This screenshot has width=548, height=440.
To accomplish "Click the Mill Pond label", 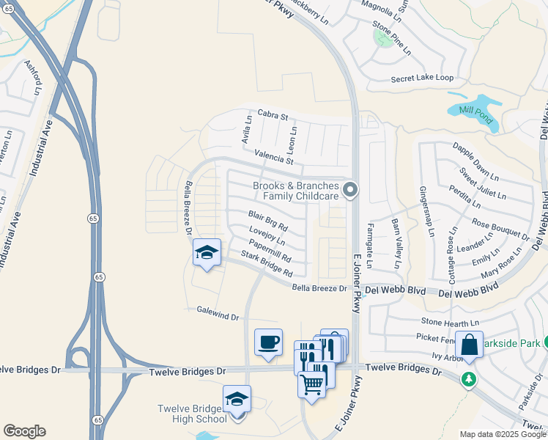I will pyautogui.click(x=476, y=115).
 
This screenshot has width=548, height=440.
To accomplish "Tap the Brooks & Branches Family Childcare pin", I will pyautogui.click(x=350, y=191).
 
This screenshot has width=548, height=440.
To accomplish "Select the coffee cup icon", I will pyautogui.click(x=268, y=342).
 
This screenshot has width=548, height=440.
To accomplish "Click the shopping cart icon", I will pyautogui.click(x=312, y=382).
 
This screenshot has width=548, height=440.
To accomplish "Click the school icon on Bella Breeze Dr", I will pyautogui.click(x=207, y=253).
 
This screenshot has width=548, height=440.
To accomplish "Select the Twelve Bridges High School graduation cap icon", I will pyautogui.click(x=237, y=400).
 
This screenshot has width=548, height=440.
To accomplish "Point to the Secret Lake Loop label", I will pyautogui.click(x=422, y=78).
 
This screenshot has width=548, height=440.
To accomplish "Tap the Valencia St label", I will pyautogui.click(x=273, y=157).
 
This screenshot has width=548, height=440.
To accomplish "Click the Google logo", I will pyautogui.click(x=24, y=431).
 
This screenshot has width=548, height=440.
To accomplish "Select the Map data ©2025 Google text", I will pyautogui.click(x=502, y=434).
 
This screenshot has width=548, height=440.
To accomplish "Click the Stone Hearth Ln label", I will pyautogui.click(x=450, y=322).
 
